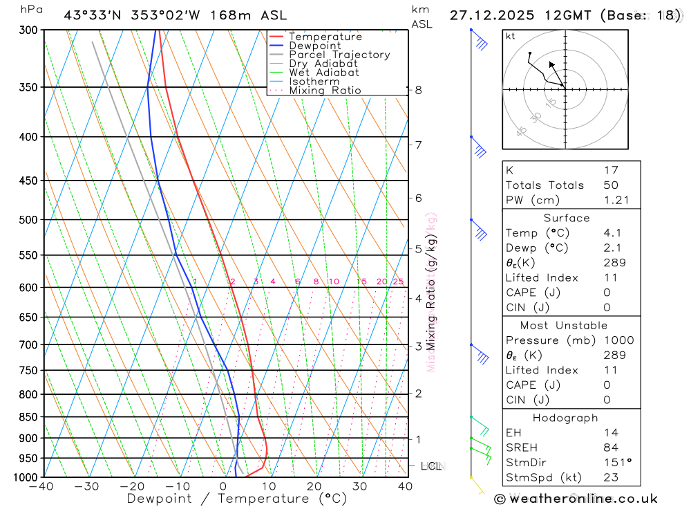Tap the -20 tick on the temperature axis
point(132,486)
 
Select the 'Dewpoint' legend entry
point(315,46)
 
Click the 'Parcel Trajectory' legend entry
point(339,55)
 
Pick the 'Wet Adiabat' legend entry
point(324,73)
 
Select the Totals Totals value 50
point(611,185)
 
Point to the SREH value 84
point(611,447)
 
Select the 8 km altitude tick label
point(419,90)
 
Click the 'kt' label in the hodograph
point(510,36)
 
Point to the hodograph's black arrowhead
point(551,64)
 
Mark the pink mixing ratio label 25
point(398,282)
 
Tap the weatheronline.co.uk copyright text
point(576,499)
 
